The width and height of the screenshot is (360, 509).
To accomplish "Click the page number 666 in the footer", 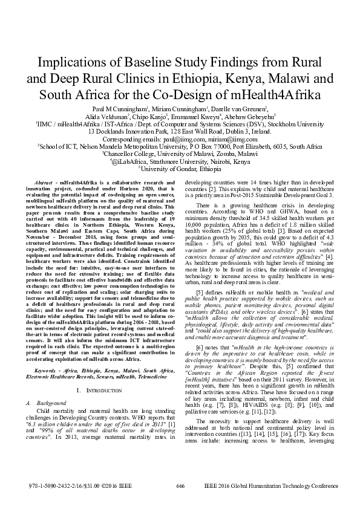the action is point(180,486).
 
